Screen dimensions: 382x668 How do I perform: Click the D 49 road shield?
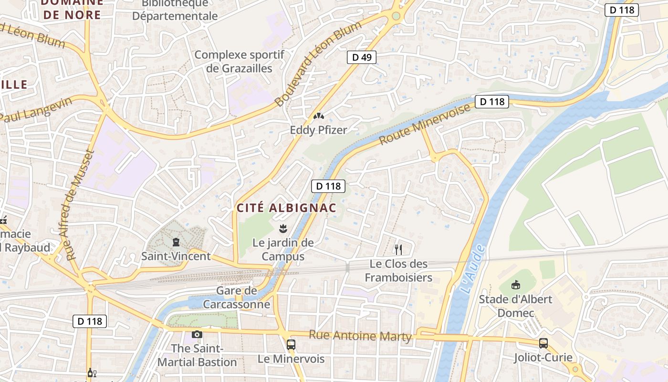coord(361,58)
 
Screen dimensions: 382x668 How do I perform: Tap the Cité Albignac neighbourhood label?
coord(287,208)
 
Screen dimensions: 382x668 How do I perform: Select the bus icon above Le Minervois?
coord(291,344)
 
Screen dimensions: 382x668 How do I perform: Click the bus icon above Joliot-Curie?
coord(543,343)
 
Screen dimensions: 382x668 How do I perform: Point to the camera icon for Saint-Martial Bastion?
coord(197,334)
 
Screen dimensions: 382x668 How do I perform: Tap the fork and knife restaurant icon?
coord(398,249)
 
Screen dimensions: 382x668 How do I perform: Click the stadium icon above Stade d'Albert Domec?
coord(515,285)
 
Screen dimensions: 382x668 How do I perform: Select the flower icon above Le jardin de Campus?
coord(283,228)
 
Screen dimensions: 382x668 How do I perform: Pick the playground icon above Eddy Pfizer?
coord(318,116)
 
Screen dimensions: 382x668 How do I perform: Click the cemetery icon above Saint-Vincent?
coord(176,242)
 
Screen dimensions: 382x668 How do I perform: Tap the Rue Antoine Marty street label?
coord(360,336)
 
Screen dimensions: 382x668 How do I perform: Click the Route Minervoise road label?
coord(425,124)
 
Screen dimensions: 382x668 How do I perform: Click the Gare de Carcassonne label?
coord(237,297)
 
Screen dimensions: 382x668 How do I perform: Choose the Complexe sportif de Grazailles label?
coord(240,62)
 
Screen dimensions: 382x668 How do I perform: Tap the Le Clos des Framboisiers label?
coord(399,270)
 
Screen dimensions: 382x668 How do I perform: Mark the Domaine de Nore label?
coord(72,9)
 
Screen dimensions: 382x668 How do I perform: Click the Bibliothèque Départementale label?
coord(175,10)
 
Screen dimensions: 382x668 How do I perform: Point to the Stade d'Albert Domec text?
coord(515,306)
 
